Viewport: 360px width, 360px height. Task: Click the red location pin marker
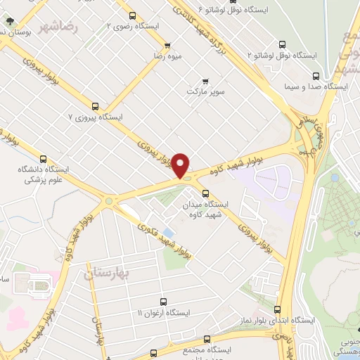pyautogui.click(x=181, y=165)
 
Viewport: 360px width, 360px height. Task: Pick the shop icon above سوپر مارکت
pyautogui.click(x=206, y=80)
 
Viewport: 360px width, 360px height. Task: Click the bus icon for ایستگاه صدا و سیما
pyautogui.click(x=315, y=75)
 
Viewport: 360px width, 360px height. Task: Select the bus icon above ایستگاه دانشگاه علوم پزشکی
pyautogui.click(x=44, y=159)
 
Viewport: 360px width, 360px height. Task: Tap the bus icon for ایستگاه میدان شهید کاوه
pyautogui.click(x=205, y=193)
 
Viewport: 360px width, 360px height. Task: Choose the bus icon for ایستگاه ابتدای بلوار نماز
pyautogui.click(x=276, y=309)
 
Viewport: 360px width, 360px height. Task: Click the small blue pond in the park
pyautogui.click(x=167, y=233)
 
